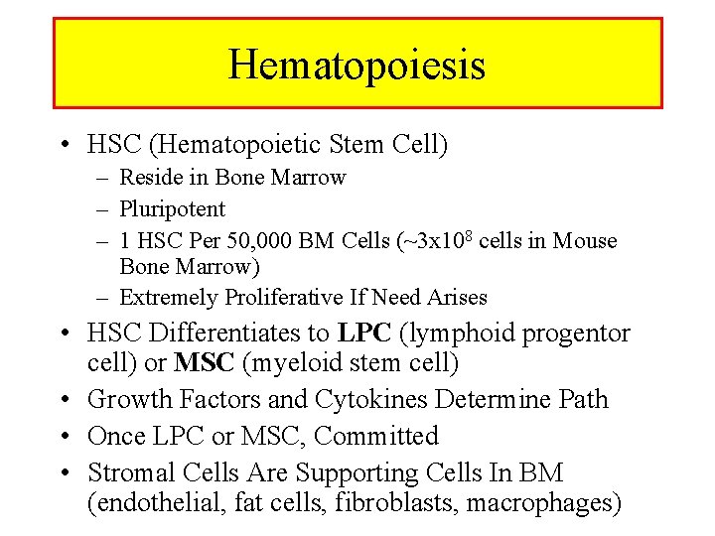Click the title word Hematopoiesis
[x=357, y=66]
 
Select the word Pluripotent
[x=172, y=209]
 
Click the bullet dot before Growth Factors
[x=64, y=400]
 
